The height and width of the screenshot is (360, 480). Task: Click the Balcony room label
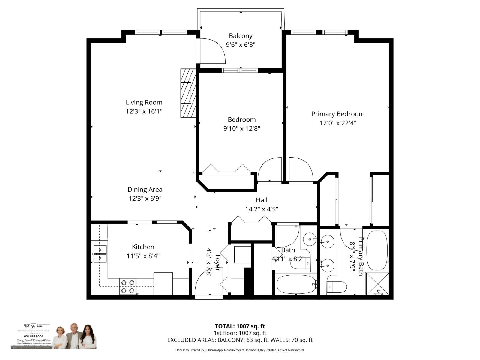(241, 36)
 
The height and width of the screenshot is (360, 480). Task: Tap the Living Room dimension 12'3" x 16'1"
(144, 111)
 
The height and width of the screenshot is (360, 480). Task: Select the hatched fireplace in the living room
(188, 93)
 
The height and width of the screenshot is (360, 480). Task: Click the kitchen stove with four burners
(128, 286)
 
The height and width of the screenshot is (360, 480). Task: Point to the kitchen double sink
(100, 254)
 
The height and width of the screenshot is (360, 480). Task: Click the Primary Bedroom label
(338, 114)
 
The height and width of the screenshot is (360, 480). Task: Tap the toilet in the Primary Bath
(336, 287)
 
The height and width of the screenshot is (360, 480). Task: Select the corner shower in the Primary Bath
(377, 283)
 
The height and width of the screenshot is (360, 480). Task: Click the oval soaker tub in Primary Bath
(377, 250)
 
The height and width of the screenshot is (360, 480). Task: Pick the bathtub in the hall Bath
(296, 284)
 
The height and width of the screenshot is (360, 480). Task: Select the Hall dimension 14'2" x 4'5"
(262, 209)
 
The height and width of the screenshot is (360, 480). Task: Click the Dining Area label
(145, 190)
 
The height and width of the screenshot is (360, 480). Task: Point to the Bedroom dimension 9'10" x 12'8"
(241, 128)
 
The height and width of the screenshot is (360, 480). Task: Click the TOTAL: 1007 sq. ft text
(240, 326)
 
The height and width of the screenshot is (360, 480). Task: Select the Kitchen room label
(143, 247)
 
